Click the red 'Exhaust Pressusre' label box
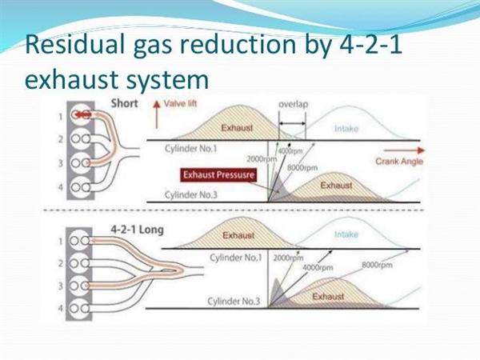pyautogui.click(x=218, y=174)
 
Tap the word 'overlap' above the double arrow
pyautogui.click(x=294, y=104)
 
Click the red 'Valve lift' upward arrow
pyautogui.click(x=157, y=114)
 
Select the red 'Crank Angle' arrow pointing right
pyautogui.click(x=404, y=150)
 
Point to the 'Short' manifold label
pyautogui.click(x=124, y=103)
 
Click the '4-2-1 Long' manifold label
pyautogui.click(x=137, y=230)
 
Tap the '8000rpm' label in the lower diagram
pyautogui.click(x=377, y=265)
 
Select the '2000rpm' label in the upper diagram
pyautogui.click(x=262, y=159)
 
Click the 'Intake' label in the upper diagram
pyautogui.click(x=346, y=129)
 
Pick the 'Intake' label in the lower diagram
pyautogui.click(x=346, y=234)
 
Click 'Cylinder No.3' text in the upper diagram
pyautogui.click(x=190, y=194)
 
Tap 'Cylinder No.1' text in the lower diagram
pyautogui.click(x=236, y=258)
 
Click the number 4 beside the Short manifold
pyautogui.click(x=61, y=186)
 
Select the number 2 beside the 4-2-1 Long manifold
pyautogui.click(x=61, y=263)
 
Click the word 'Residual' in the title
pyautogui.click(x=75, y=44)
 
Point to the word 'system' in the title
pyautogui.click(x=167, y=80)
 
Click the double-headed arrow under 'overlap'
pyautogui.click(x=292, y=124)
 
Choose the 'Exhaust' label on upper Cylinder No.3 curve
pyautogui.click(x=336, y=186)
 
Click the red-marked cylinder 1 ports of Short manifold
pyautogui.click(x=82, y=114)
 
